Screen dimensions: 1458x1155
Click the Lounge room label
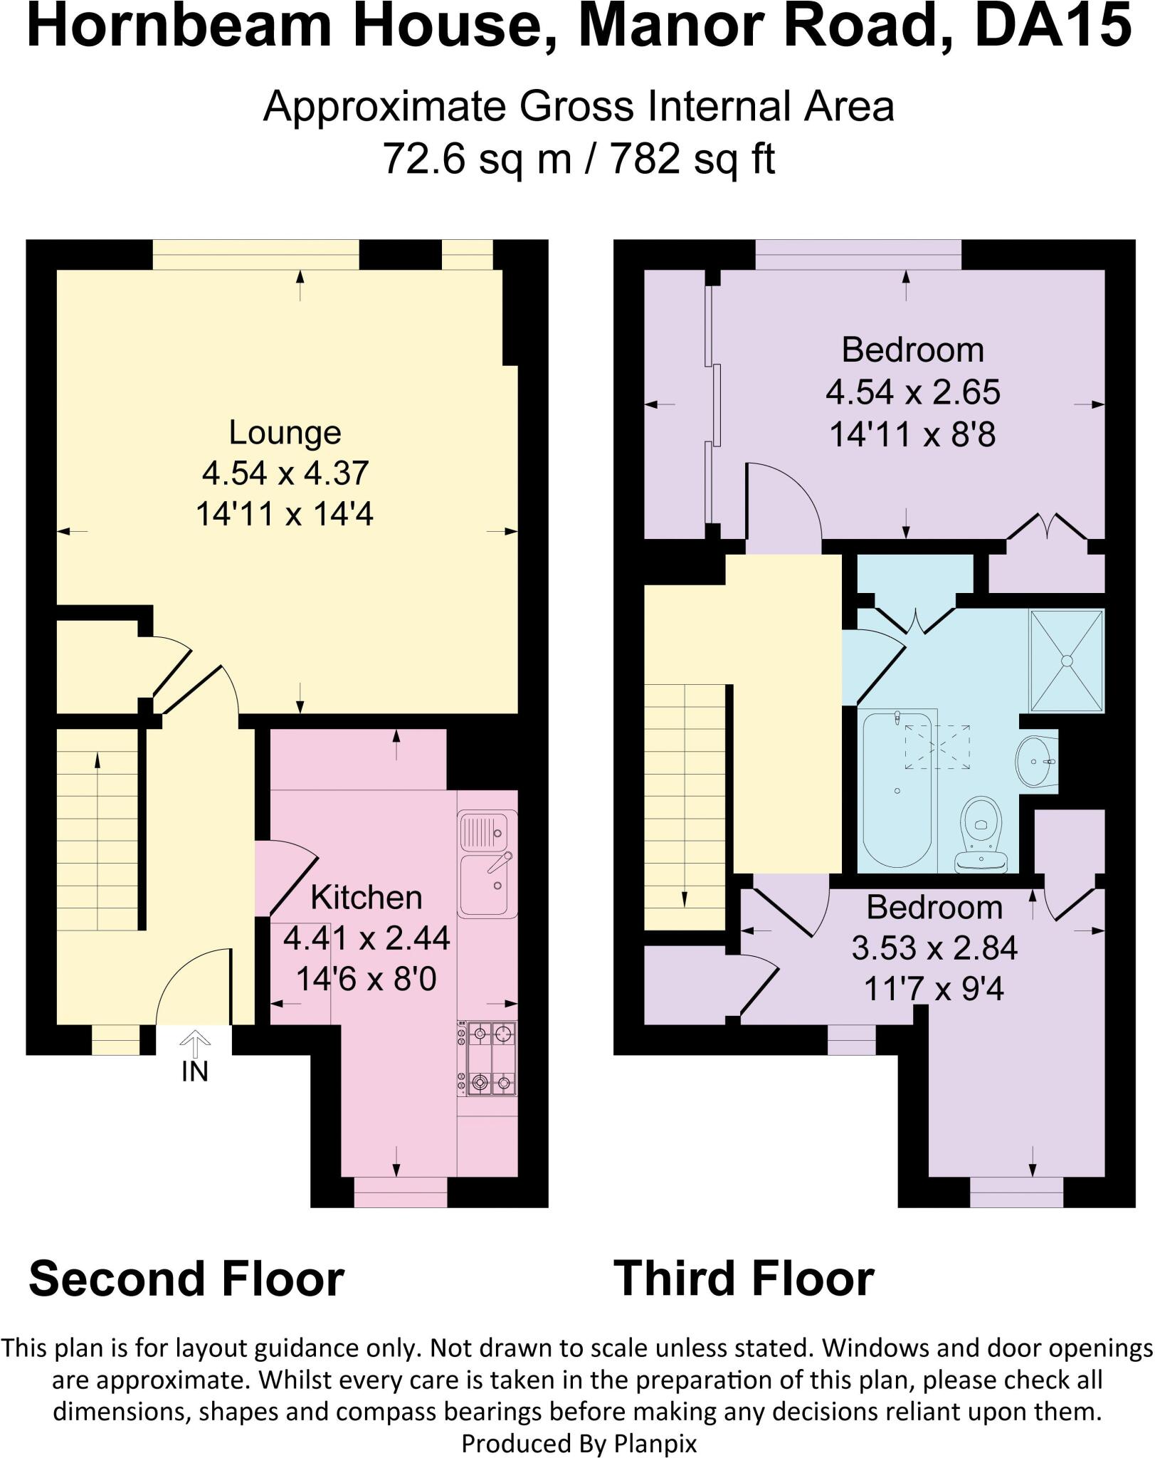click(x=285, y=433)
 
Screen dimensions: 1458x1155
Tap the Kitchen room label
click(x=366, y=898)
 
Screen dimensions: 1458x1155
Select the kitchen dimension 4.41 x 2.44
click(x=366, y=938)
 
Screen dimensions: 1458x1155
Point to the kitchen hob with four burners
click(x=487, y=1058)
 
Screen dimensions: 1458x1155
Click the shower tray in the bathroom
click(x=1066, y=660)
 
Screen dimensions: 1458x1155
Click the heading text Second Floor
click(x=186, y=1279)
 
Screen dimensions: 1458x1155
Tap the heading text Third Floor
click(x=744, y=1279)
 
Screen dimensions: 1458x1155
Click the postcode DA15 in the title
click(x=1053, y=26)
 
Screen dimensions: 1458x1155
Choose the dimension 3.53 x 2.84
click(x=934, y=948)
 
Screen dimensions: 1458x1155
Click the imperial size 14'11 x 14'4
click(x=285, y=513)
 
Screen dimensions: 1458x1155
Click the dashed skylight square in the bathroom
click(x=937, y=747)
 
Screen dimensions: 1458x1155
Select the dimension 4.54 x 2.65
click(x=913, y=392)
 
